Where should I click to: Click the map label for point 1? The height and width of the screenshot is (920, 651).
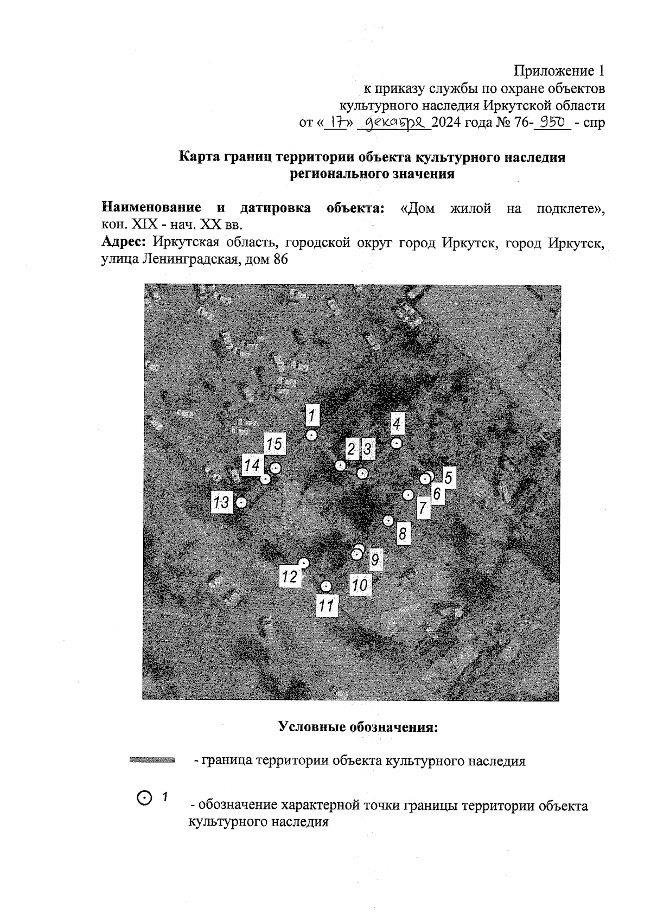[312, 416]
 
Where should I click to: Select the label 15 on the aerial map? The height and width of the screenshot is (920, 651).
[275, 444]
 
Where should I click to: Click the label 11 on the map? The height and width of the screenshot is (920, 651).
[327, 605]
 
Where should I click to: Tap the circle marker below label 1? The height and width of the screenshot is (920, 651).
[311, 435]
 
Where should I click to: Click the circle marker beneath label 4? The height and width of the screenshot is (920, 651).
[397, 444]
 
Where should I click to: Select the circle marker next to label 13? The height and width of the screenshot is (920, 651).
[241, 503]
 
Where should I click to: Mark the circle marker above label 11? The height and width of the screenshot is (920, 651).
[326, 586]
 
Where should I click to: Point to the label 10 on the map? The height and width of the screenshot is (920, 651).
[360, 585]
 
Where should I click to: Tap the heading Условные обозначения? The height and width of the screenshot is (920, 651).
[358, 726]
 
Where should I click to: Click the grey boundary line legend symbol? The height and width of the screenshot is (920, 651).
[152, 760]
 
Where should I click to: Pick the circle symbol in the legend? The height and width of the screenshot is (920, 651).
[144, 797]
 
